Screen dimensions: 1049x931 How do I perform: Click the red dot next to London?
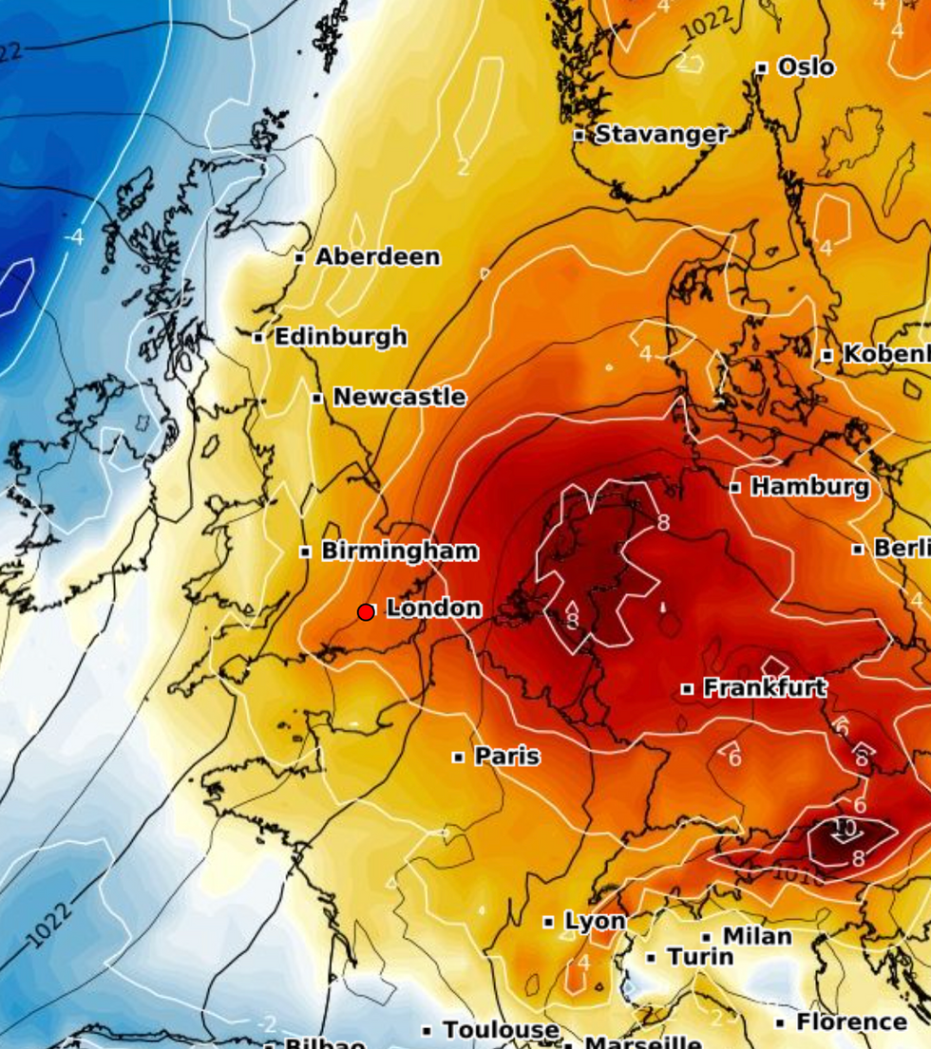[366, 612]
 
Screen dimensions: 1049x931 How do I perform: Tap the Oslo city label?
[806, 67]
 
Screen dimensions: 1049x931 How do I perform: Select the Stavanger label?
[661, 135]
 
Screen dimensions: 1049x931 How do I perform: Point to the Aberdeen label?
[377, 257]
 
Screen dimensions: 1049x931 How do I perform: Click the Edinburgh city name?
[340, 337]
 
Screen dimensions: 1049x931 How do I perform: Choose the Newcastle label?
[399, 397]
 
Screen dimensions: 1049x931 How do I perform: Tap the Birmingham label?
[399, 552]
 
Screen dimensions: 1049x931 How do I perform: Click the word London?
[433, 609]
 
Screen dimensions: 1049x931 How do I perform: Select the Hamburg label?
[809, 487]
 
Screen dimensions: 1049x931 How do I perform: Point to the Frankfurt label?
[765, 688]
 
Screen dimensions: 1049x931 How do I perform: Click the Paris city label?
[506, 757]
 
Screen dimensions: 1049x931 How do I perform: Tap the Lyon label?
[595, 921]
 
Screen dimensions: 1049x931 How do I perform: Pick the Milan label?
[757, 937]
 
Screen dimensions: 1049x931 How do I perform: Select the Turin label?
[700, 957]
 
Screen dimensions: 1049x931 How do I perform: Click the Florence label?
[851, 1022]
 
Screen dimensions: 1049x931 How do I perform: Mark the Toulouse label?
[501, 1030]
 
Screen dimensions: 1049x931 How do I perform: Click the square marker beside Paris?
[458, 758]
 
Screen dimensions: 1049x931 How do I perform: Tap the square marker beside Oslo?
[761, 68]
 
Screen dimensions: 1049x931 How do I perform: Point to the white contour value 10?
[844, 828]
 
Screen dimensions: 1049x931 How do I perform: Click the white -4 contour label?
[73, 236]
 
